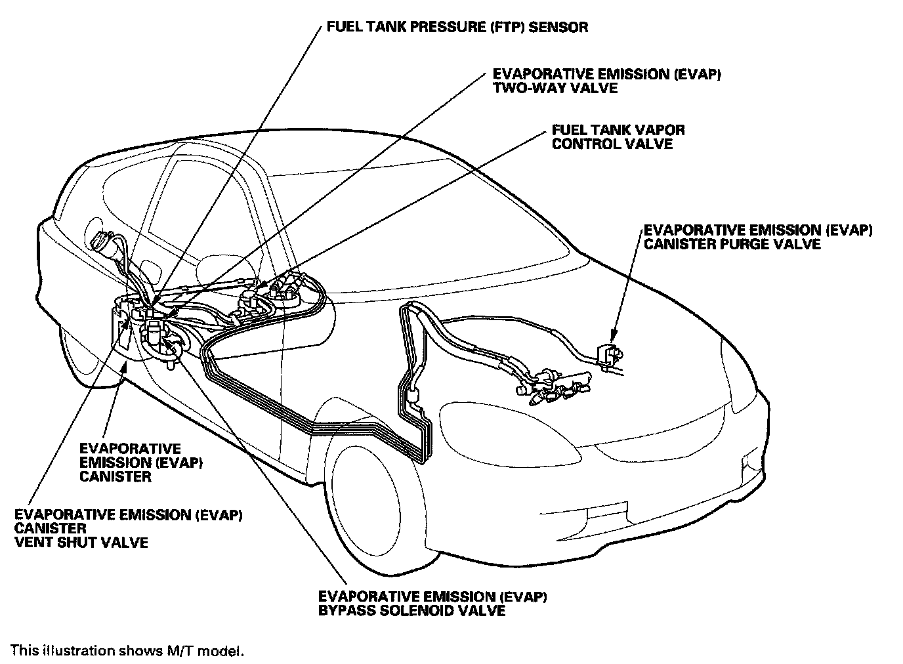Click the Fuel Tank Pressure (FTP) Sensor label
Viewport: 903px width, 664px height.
[457, 28]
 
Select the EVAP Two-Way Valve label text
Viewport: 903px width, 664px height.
[607, 81]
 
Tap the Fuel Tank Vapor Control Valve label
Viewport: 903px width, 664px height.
[618, 136]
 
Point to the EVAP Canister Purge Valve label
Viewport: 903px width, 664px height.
[758, 237]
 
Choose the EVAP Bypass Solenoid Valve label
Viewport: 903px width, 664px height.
[432, 604]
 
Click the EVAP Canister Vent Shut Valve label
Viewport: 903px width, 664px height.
[129, 528]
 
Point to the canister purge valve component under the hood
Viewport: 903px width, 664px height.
[612, 355]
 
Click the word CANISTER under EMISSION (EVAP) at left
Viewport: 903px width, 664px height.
[115, 476]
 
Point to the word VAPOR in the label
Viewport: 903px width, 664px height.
[656, 129]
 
